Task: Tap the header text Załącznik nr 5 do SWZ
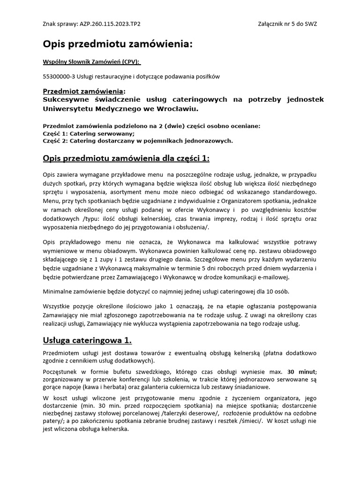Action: [287, 23]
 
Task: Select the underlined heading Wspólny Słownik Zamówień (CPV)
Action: [91, 62]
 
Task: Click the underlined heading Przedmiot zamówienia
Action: [83, 90]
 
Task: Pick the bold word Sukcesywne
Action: [66, 99]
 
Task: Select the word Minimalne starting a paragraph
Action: [58, 292]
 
